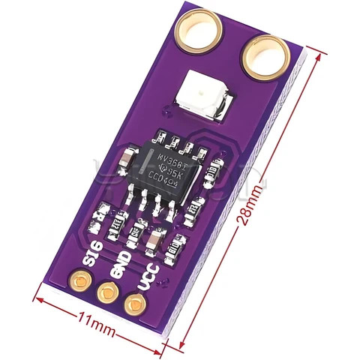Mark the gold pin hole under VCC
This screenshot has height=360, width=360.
point(134,304)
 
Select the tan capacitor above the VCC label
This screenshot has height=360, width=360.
point(153,241)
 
